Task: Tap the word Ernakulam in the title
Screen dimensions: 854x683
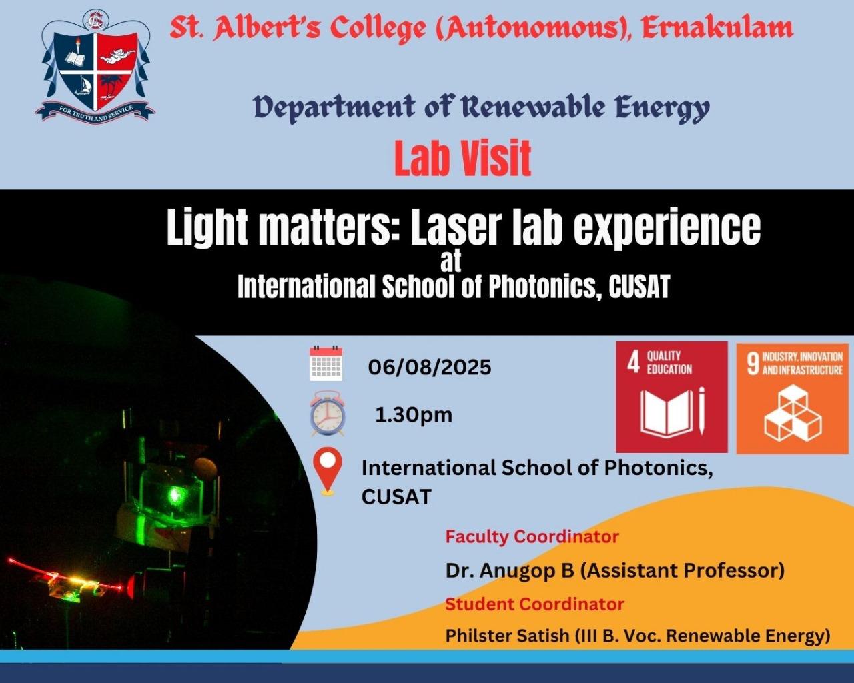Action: pos(717,28)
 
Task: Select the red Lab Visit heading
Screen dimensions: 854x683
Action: pos(463,158)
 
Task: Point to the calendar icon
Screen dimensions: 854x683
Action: pos(326,364)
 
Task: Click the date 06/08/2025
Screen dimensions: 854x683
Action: pos(430,367)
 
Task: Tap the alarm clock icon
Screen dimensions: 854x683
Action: pos(328,413)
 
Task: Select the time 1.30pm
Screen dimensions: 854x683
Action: pos(414,415)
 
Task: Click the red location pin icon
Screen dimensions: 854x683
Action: pos(328,471)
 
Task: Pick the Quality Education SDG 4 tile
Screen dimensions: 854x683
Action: pos(671,398)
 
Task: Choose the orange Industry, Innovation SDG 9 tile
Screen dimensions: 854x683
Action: pos(792,398)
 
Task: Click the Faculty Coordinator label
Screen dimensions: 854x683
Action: pos(532,536)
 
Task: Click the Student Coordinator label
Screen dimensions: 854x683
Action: pos(534,604)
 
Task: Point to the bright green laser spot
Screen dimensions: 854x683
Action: pos(175,494)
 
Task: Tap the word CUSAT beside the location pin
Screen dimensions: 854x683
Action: pos(396,497)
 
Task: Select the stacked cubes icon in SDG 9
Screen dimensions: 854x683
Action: pos(793,413)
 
